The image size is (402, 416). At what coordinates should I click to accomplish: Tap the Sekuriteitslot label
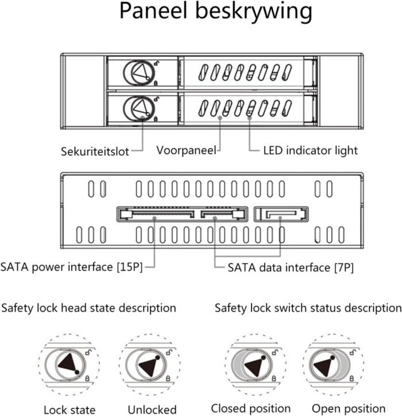95,152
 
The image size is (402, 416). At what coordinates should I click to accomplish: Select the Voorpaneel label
186,151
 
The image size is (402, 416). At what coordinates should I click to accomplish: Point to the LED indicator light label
310,151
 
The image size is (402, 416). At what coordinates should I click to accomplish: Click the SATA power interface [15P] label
71,267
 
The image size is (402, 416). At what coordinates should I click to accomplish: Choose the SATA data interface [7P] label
291,267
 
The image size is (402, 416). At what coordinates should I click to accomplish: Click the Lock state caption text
69,410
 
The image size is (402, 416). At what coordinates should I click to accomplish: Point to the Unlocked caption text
152,410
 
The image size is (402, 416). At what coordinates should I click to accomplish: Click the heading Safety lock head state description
88,308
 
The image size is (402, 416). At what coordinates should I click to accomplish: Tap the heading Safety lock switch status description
308,308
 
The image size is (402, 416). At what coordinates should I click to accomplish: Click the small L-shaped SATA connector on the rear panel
280,215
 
